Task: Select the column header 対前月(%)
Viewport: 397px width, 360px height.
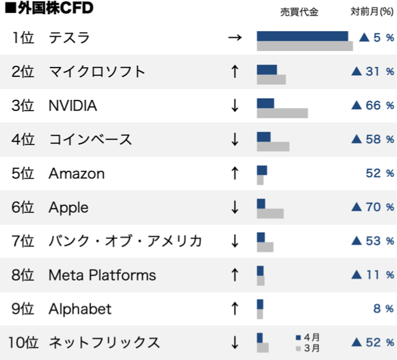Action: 372,11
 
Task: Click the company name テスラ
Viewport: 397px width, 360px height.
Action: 69,38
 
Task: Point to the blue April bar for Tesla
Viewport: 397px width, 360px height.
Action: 303,36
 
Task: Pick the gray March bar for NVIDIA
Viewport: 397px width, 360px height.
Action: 282,113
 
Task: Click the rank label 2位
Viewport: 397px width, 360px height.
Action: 23,71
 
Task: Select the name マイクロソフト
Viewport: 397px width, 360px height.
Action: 97,71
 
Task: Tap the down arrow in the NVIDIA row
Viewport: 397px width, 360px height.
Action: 234,106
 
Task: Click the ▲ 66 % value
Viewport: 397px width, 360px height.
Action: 373,106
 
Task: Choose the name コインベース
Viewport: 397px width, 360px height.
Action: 91,139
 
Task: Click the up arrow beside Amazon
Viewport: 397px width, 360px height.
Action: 234,173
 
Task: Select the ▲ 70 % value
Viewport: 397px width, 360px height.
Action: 373,207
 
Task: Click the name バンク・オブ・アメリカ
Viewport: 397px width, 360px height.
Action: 125,241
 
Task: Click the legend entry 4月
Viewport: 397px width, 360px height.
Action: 308,338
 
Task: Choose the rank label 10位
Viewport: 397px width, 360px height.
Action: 23,342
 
